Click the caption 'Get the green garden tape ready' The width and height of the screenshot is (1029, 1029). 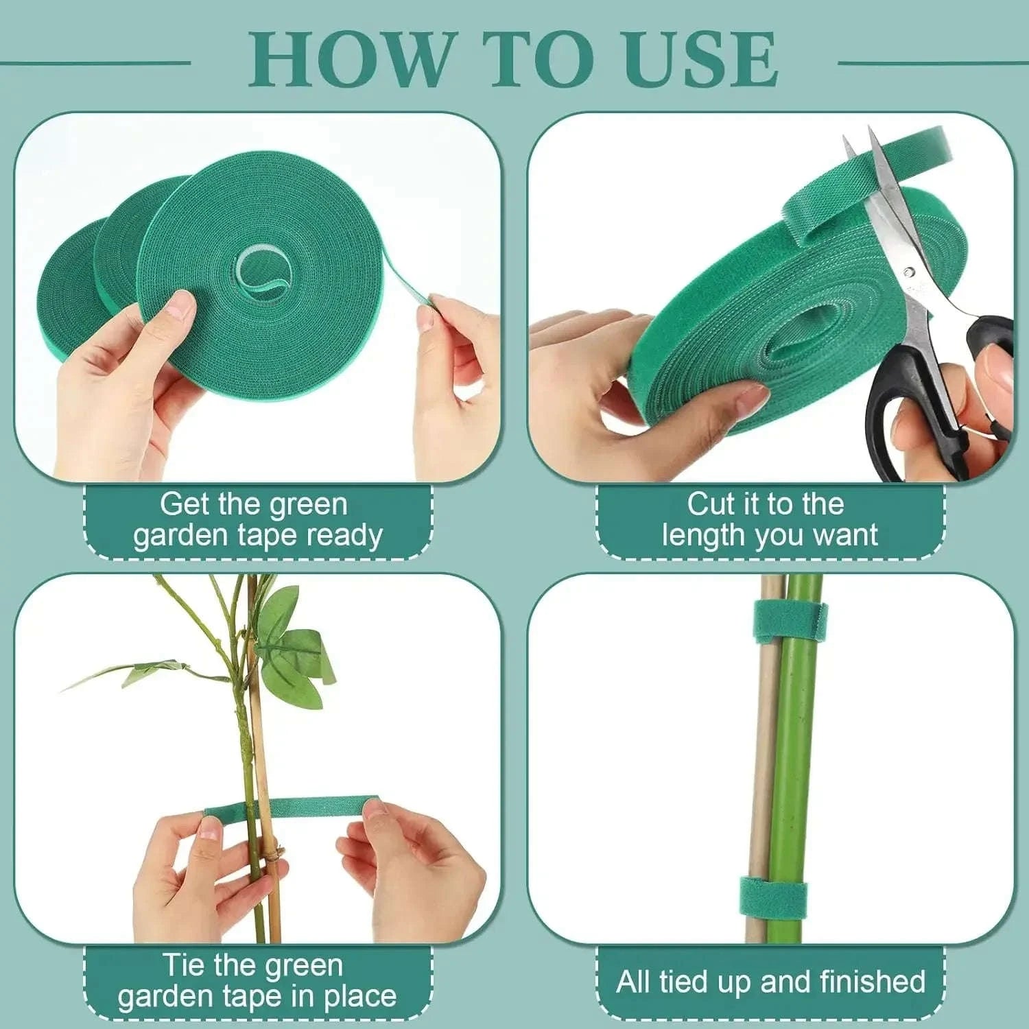click(x=257, y=521)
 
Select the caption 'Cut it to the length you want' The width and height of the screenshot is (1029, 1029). click(x=769, y=521)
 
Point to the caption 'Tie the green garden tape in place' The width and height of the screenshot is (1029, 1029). click(x=257, y=981)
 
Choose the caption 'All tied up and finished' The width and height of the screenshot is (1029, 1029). click(x=770, y=982)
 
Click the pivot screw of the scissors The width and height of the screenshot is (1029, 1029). click(x=909, y=272)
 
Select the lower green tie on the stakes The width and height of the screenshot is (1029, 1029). click(x=772, y=899)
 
